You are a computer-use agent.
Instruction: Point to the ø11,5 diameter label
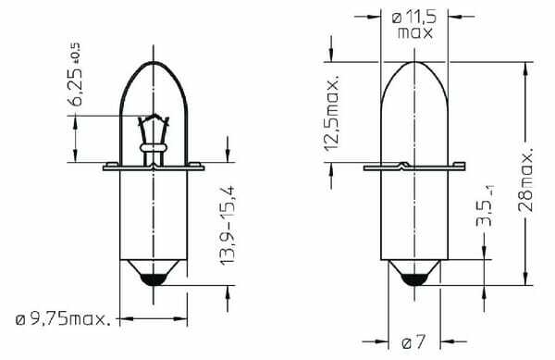[x=416, y=16]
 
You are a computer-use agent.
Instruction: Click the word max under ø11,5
[x=416, y=31]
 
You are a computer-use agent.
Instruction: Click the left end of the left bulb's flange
[x=105, y=168]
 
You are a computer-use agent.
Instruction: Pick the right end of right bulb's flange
[x=462, y=168]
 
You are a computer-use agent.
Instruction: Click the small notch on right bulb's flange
[x=399, y=166]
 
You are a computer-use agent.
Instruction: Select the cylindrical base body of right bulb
[x=413, y=213]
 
